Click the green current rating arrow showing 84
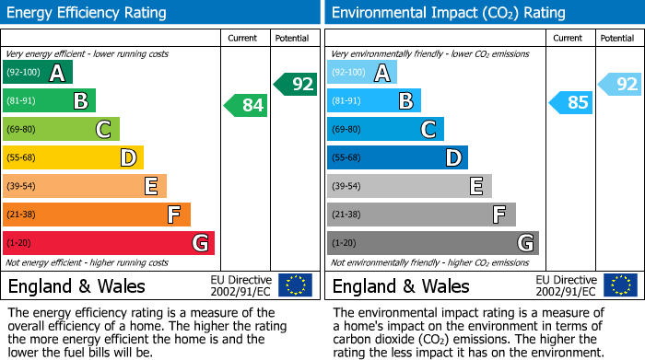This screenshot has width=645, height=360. click(245, 106)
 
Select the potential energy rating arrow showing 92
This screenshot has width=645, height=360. click(295, 85)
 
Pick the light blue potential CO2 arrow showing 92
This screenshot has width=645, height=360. click(619, 85)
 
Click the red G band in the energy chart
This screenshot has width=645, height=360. click(109, 243)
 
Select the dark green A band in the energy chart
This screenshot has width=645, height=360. click(38, 73)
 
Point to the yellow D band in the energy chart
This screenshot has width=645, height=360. click(73, 158)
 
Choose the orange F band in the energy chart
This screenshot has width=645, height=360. click(97, 215)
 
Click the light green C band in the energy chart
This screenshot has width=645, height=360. click(61, 130)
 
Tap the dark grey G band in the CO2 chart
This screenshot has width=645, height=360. click(432, 243)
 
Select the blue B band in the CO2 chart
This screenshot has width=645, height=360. click(374, 101)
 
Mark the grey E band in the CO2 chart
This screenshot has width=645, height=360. click(409, 186)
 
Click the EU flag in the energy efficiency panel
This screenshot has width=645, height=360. click(296, 285)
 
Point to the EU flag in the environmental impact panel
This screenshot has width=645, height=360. click(620, 285)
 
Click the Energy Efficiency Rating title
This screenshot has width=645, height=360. click(88, 13)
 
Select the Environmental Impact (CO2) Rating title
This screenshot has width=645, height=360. click(448, 13)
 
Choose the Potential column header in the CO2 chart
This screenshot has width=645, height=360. click(617, 38)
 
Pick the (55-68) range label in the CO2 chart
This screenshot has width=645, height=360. click(346, 158)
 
